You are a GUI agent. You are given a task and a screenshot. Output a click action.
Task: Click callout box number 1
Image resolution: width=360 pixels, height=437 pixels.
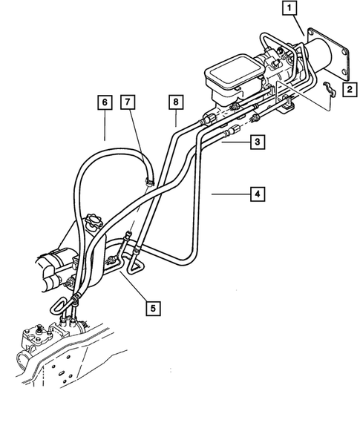289,10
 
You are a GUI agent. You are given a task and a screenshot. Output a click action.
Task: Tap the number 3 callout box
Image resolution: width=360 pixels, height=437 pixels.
255,141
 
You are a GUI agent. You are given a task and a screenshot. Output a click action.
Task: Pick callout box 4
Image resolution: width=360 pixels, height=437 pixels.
257,194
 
